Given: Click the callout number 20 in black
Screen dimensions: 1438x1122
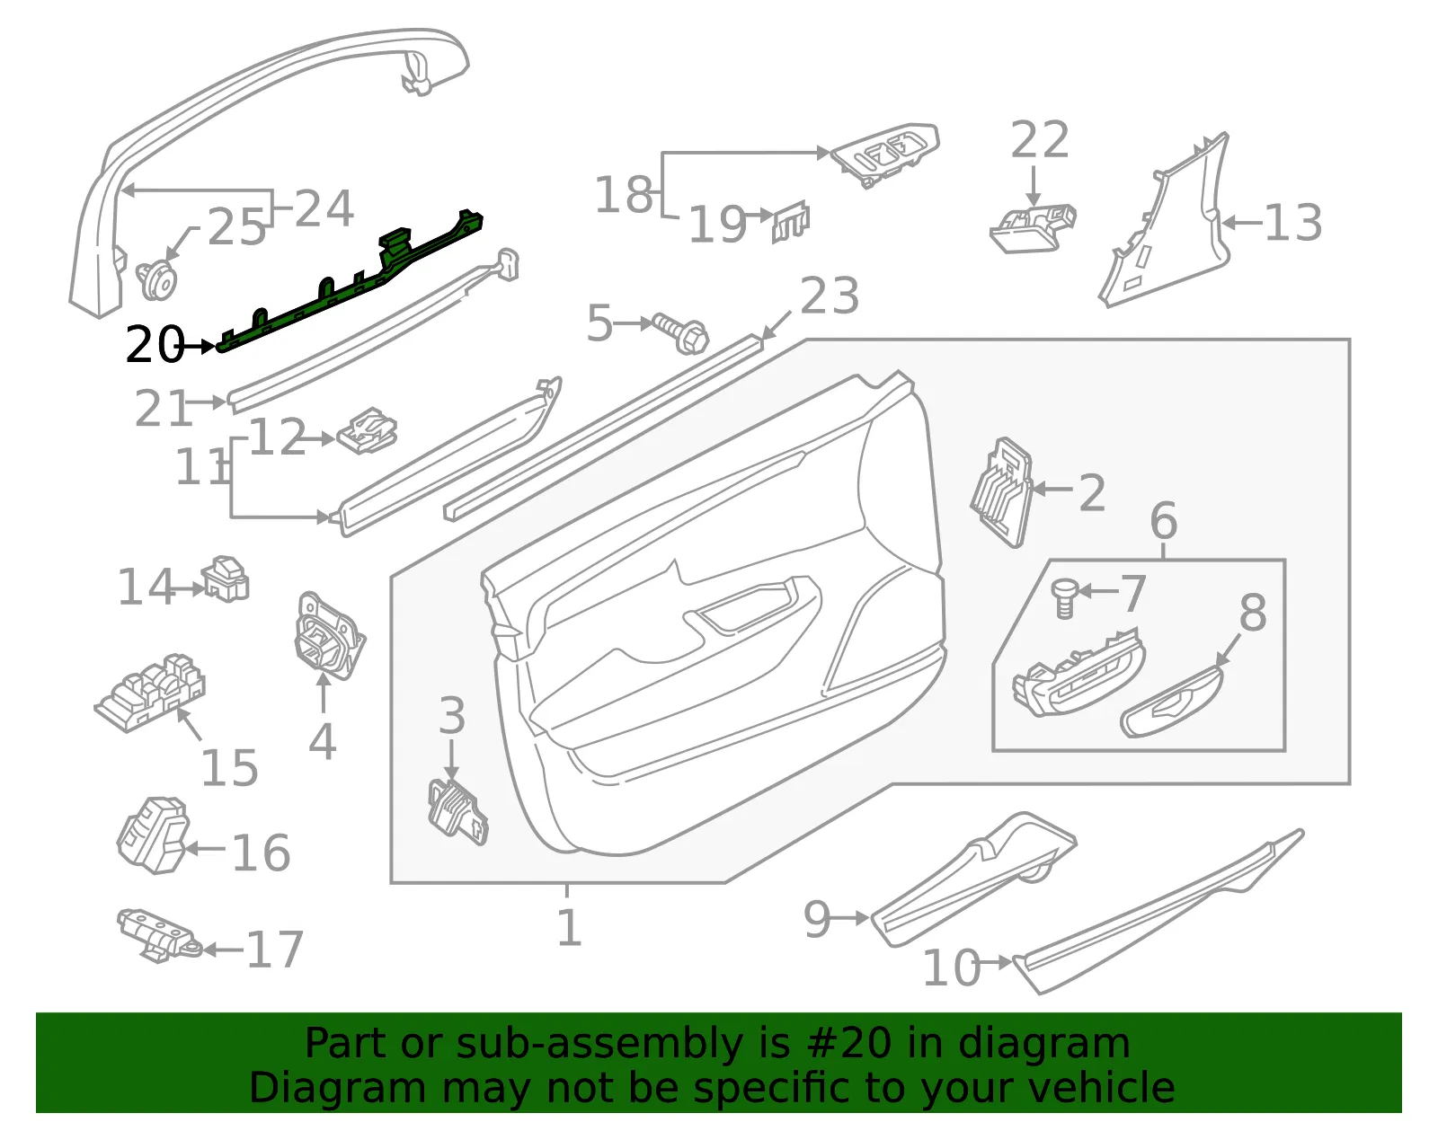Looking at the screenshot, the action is (155, 344).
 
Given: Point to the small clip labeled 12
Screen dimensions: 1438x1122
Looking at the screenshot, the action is (368, 431).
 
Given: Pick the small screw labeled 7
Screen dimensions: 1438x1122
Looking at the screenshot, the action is (1065, 598).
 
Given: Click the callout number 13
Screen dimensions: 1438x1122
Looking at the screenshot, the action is (1293, 222).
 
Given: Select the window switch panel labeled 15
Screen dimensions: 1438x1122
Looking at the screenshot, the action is (150, 692).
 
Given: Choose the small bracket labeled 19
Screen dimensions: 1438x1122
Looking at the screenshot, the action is (791, 222).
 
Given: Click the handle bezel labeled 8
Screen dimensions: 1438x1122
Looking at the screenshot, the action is (1172, 702).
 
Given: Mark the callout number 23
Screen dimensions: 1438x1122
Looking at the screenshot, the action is (830, 296).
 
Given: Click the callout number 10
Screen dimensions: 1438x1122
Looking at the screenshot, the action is (951, 968).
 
